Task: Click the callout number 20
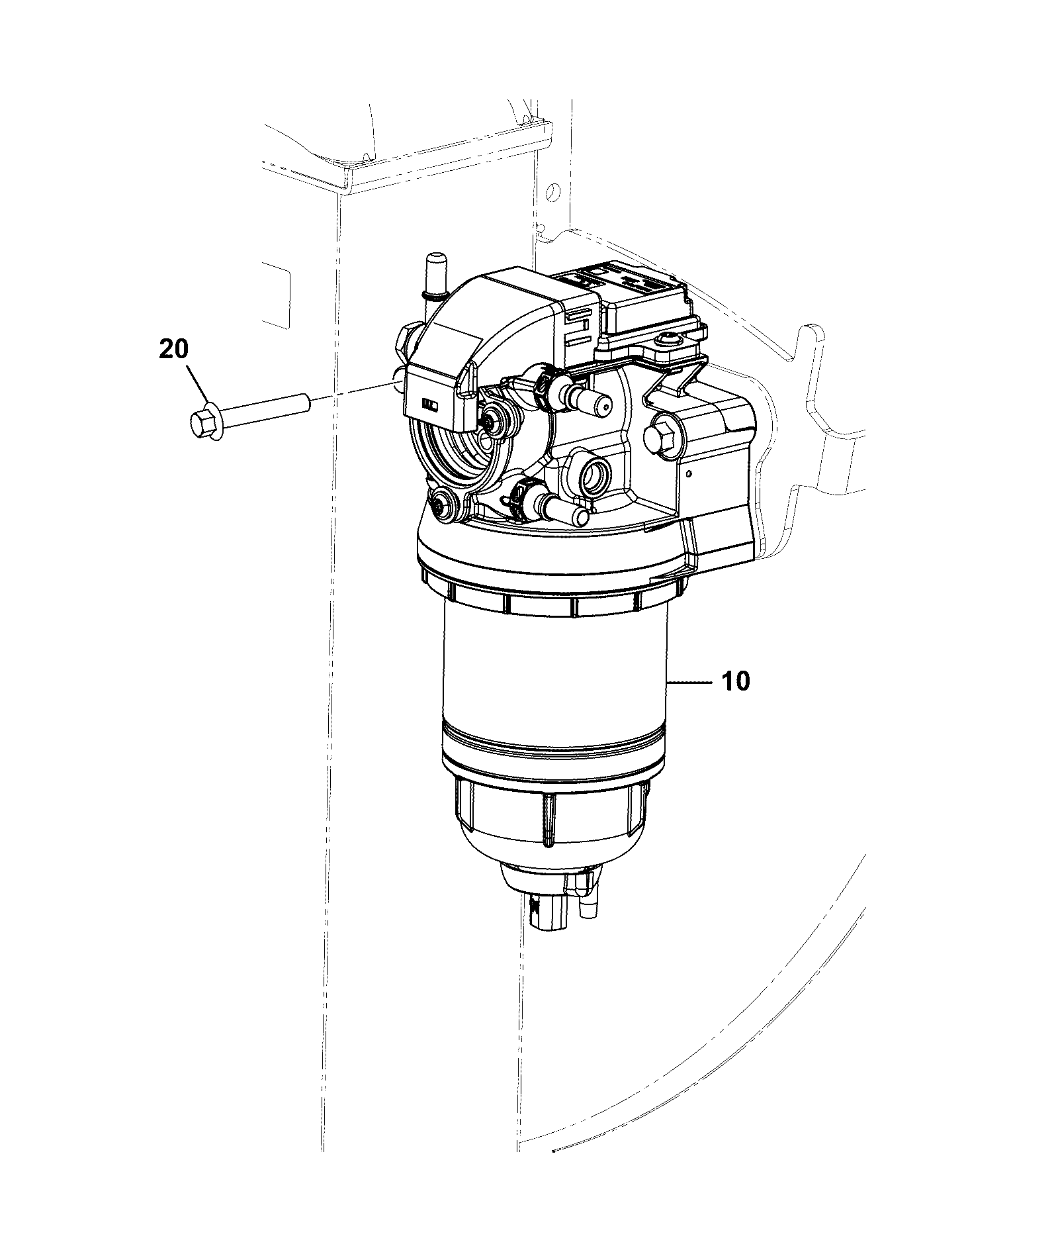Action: tap(174, 349)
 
